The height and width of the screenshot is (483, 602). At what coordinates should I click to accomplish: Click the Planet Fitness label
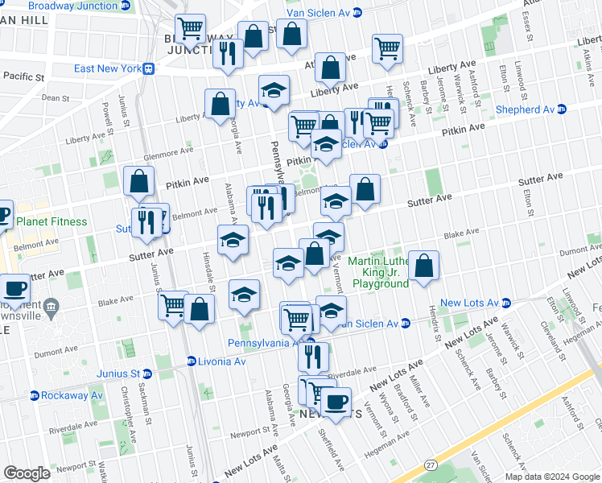coord(52,221)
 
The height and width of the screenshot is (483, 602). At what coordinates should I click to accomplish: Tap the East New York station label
coord(107,68)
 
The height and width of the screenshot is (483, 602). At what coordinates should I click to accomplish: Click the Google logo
coord(27,473)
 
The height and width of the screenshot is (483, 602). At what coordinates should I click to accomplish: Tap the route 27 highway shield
coord(431,464)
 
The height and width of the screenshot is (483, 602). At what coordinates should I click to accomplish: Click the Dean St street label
coord(56,97)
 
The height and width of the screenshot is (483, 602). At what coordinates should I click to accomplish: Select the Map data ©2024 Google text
coord(551,477)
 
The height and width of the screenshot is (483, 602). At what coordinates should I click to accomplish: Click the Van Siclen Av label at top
coord(318,12)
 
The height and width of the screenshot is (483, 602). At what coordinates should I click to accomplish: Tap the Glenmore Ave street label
coord(170,151)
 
